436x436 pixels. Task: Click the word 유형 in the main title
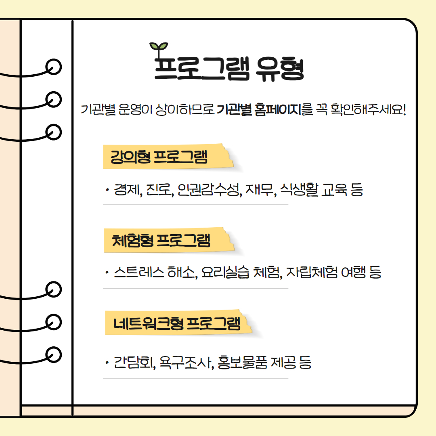[x=280, y=69]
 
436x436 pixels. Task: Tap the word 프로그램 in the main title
[x=202, y=68]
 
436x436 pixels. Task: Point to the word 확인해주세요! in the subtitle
[x=368, y=109]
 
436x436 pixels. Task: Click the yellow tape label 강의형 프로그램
[x=168, y=157]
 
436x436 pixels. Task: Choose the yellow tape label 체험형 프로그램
[x=169, y=240]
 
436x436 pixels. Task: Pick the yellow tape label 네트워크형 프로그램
[x=178, y=323]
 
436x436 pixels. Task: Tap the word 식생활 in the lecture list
[x=299, y=190]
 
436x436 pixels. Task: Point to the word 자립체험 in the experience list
[x=312, y=272]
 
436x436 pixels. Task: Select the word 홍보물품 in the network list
[x=242, y=362]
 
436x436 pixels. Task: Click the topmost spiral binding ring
[x=53, y=67]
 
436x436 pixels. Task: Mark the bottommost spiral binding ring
[x=53, y=354]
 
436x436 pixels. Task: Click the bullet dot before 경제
[x=107, y=190]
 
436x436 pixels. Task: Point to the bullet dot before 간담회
[x=107, y=363]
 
